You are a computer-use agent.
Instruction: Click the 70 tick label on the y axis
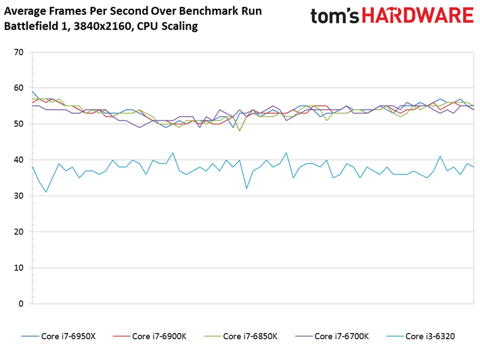[x=18, y=52]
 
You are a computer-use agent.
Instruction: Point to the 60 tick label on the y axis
[x=18, y=88]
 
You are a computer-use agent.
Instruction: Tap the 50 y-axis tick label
[x=18, y=124]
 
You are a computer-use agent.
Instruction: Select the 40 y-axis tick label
[x=18, y=160]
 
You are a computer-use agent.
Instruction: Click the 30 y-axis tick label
[x=18, y=196]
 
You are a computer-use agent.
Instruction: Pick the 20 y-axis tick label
[x=18, y=232]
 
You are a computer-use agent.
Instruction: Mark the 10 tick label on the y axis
[x=18, y=268]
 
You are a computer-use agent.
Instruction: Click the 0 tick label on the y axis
[x=21, y=304]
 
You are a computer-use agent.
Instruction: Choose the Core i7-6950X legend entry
[x=58, y=336]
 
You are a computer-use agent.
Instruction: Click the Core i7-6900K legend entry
[x=150, y=336]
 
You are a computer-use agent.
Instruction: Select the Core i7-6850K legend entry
[x=240, y=336]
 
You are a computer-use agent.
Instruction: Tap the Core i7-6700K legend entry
[x=332, y=336]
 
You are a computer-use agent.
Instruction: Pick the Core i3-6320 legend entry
[x=420, y=336]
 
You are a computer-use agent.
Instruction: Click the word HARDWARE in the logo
[x=418, y=16]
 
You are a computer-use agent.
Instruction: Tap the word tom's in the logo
[x=334, y=16]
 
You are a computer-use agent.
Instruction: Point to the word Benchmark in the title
[x=203, y=11]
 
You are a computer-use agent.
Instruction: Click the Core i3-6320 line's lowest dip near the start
[x=46, y=192]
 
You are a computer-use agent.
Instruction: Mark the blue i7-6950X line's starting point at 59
[x=32, y=91]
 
